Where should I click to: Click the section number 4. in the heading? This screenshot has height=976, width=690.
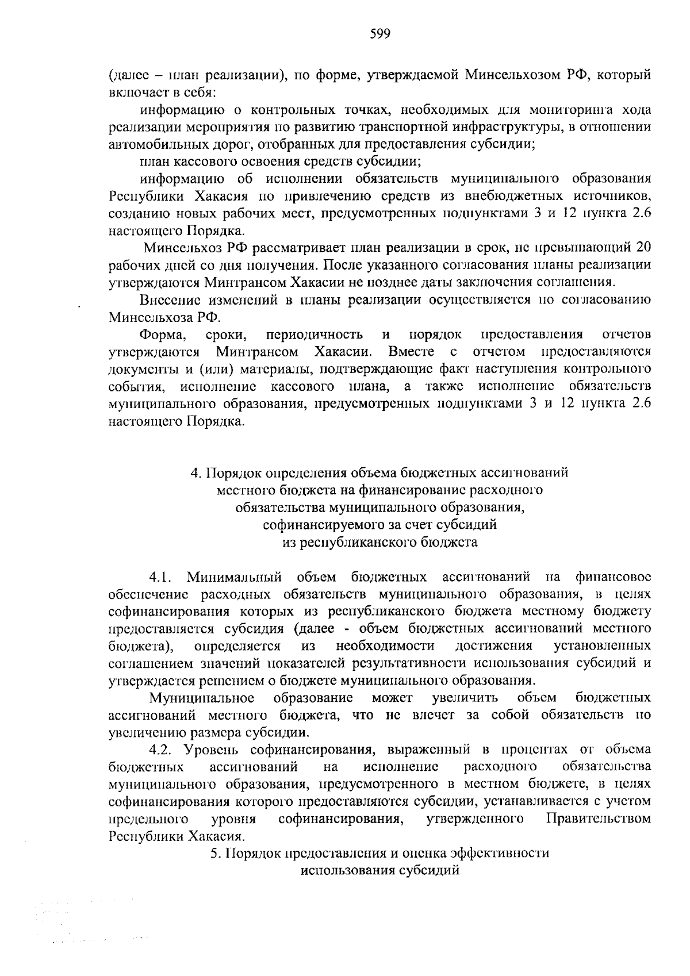click(x=196, y=473)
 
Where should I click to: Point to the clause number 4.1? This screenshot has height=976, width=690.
click(x=160, y=576)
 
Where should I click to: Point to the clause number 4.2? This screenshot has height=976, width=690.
click(x=160, y=750)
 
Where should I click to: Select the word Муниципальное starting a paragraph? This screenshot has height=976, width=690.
click(x=202, y=698)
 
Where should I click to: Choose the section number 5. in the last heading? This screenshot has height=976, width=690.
click(x=216, y=853)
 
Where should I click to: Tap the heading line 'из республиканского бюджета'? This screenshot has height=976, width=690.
click(x=380, y=542)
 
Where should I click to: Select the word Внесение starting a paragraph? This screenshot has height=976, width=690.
click(x=166, y=300)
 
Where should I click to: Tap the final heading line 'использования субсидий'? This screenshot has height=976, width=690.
click(x=380, y=870)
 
